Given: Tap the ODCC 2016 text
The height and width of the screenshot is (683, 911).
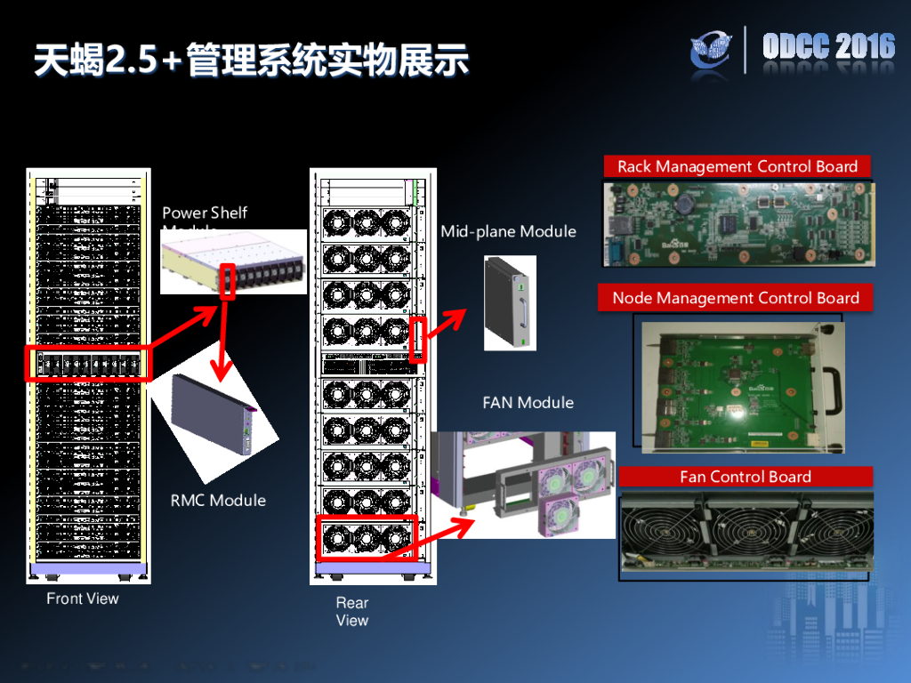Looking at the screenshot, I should (x=828, y=47).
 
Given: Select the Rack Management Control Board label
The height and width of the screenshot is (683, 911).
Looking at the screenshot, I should (x=737, y=166).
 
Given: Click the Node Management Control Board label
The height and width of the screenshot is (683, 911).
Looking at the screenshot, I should (x=736, y=298).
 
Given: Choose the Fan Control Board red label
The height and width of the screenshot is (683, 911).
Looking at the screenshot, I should (x=746, y=477).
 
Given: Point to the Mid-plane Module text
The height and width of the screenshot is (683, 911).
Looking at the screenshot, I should (x=508, y=231).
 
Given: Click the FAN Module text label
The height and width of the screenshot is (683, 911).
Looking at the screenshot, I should (x=528, y=402).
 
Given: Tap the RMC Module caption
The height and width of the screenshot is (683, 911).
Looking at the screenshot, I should (x=218, y=500).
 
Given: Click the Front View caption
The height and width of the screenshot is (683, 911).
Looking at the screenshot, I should (x=83, y=599).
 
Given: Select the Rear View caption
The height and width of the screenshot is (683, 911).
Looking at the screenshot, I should (x=351, y=611).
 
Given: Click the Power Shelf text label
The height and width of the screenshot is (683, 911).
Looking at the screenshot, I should (x=205, y=213).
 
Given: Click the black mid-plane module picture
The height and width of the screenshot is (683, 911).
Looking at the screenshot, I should (x=510, y=302).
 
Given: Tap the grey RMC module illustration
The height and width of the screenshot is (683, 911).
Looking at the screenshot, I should (x=214, y=414).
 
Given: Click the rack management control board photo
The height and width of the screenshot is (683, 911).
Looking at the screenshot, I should (x=737, y=225).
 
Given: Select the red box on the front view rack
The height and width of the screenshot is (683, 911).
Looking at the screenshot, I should (x=87, y=364).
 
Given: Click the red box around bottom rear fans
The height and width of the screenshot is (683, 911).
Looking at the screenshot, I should (x=367, y=536).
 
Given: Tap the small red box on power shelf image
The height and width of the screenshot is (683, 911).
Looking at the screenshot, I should (x=228, y=280).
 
